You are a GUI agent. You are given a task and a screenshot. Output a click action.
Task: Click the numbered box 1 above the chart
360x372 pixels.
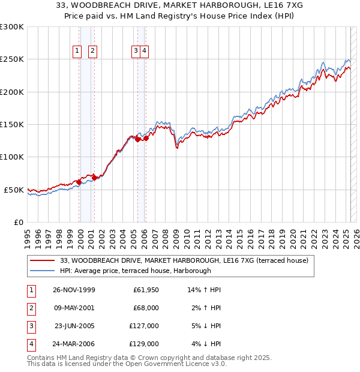[x=77, y=52]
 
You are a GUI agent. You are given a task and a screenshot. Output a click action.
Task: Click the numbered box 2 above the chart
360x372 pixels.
[x=93, y=52]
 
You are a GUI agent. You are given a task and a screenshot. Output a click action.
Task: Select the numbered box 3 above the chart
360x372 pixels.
[x=137, y=52]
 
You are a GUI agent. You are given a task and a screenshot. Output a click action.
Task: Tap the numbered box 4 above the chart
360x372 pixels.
[x=145, y=52]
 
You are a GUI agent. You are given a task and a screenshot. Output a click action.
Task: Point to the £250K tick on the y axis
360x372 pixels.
[x=12, y=59]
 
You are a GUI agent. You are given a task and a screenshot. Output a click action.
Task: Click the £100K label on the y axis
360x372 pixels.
[x=12, y=157]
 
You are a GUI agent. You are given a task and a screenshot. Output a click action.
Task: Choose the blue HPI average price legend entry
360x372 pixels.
[x=135, y=271]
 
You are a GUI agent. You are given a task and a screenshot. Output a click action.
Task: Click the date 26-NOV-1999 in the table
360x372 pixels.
[x=74, y=290]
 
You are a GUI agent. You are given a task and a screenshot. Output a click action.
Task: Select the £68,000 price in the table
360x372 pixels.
[x=146, y=308]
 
